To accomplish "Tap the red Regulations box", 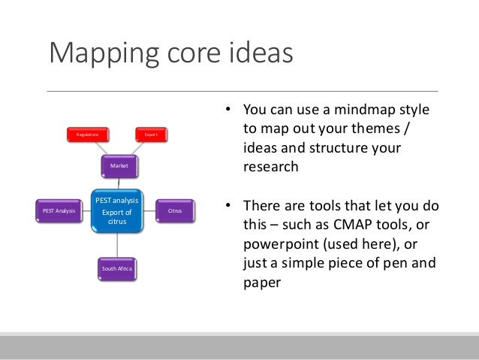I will click(x=87, y=135).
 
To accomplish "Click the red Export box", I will click(x=151, y=135).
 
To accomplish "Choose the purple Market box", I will click(x=119, y=165).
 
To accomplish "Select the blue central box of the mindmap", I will click(x=116, y=211).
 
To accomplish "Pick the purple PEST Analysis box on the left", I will click(x=59, y=211).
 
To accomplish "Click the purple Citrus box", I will click(x=175, y=211).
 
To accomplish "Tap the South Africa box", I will click(x=118, y=268).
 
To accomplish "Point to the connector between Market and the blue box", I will click(x=119, y=182).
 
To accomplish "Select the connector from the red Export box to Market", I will click(x=135, y=149).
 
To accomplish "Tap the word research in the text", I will click(x=270, y=168).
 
